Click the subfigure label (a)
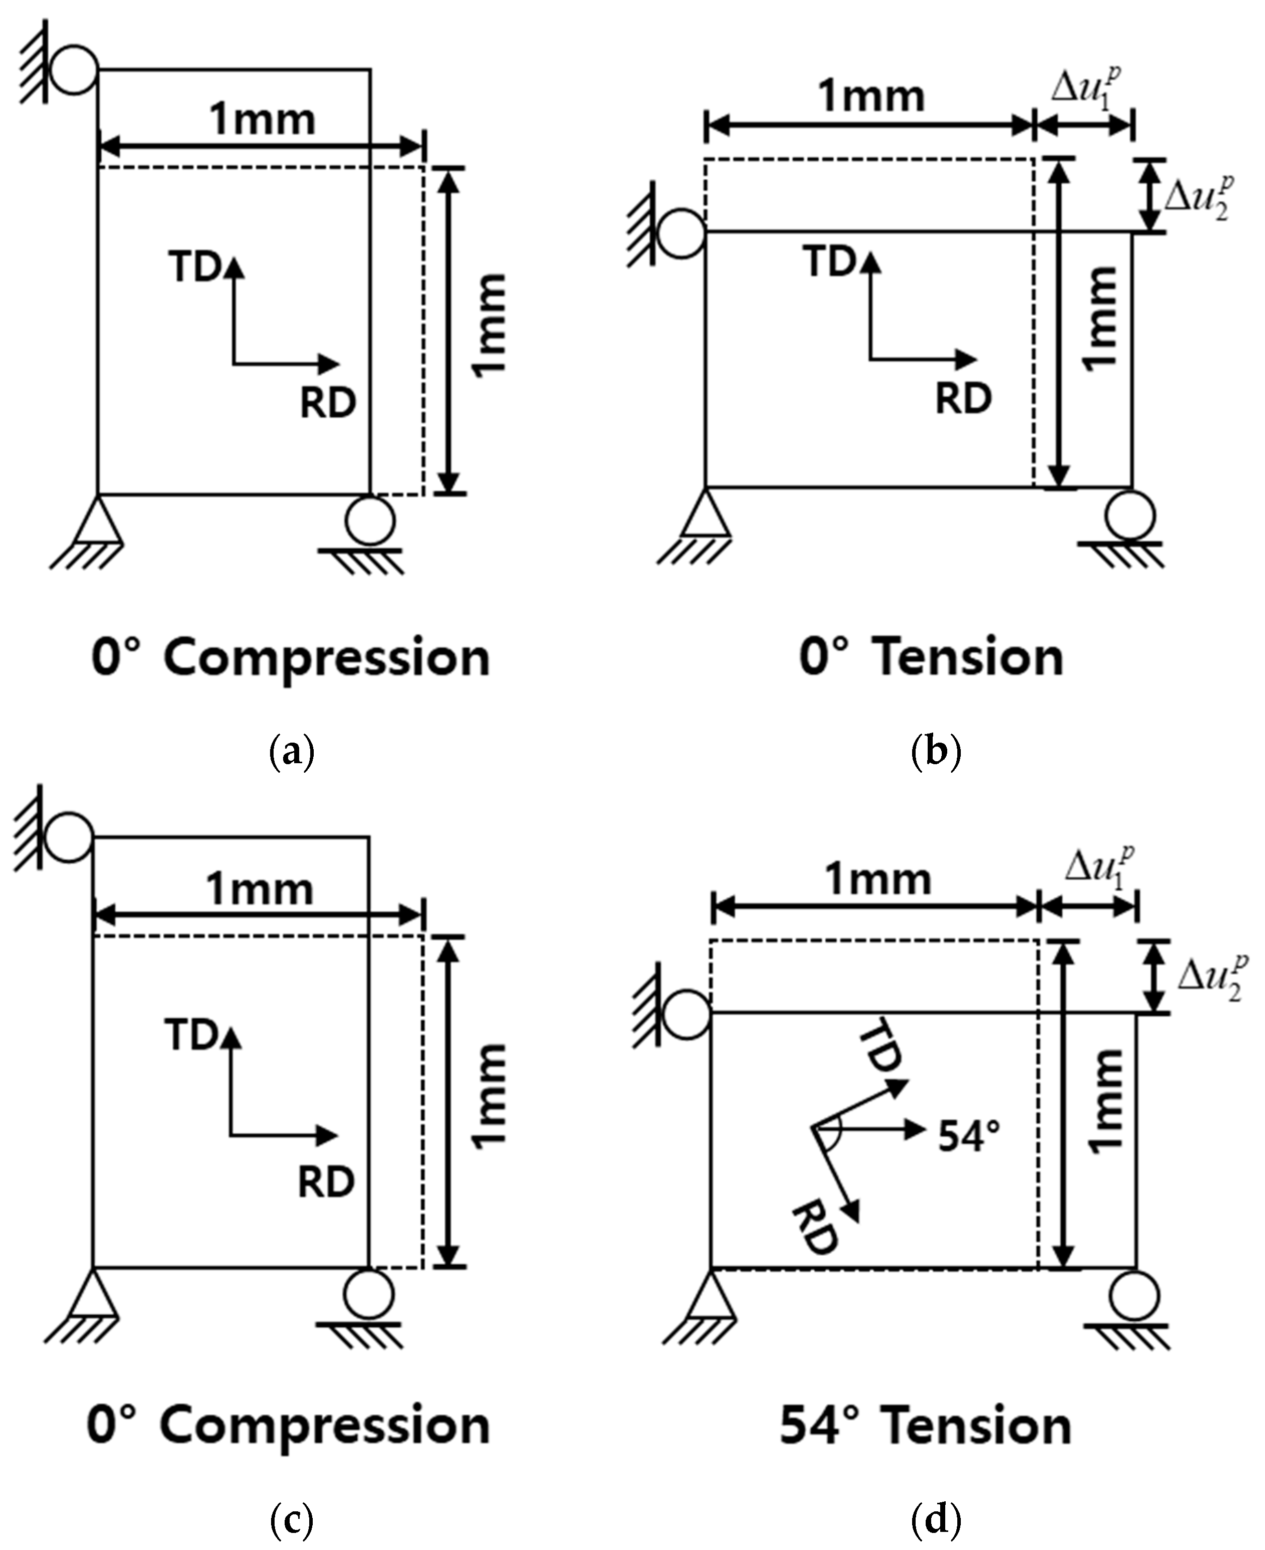pos(292,754)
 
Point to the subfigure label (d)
pos(936,1520)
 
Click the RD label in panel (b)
pos(963,399)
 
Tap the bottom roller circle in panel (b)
pos(1129,515)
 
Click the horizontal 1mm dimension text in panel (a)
pos(263,119)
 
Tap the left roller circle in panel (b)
pos(681,234)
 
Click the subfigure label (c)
pos(292,1520)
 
